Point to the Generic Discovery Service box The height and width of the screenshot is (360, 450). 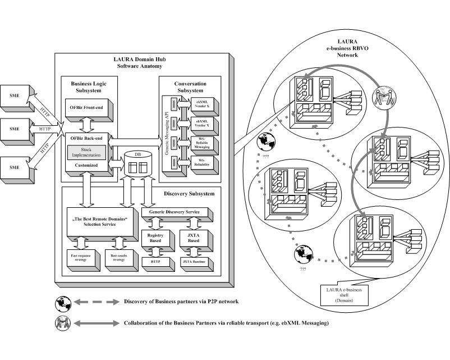click(176, 212)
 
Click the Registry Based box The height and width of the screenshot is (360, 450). click(154, 239)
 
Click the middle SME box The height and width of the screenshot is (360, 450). click(15, 129)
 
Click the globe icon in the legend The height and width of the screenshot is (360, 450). click(63, 302)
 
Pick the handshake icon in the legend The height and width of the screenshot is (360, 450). click(63, 322)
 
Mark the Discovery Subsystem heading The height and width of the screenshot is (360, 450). click(189, 194)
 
